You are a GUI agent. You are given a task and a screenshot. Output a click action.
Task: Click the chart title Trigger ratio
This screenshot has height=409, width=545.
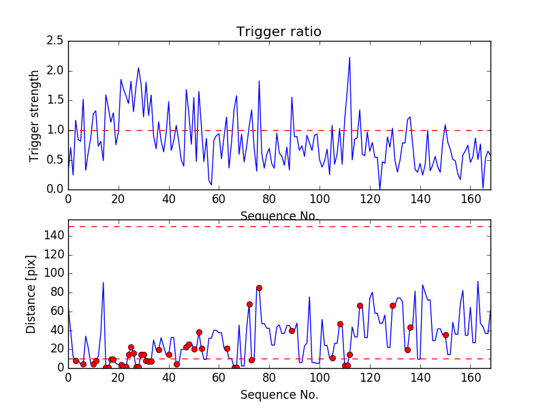click(x=279, y=32)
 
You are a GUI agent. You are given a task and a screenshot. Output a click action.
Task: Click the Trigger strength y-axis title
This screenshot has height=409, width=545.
click(x=35, y=115)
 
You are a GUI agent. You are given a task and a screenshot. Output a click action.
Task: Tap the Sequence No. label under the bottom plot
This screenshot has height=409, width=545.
click(x=279, y=395)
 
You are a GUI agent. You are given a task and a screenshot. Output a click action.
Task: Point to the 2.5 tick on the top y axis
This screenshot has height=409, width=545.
click(x=56, y=41)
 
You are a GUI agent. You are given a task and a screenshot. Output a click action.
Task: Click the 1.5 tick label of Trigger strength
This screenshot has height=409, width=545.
click(x=56, y=100)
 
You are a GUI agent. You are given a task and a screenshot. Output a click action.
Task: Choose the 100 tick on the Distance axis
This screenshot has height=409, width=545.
click(x=53, y=273)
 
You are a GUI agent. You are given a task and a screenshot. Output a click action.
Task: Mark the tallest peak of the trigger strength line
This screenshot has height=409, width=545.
click(x=349, y=57)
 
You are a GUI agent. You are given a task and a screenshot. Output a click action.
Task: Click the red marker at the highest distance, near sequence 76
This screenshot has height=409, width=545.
click(x=259, y=288)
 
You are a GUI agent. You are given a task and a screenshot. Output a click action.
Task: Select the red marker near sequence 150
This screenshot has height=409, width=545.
click(x=446, y=335)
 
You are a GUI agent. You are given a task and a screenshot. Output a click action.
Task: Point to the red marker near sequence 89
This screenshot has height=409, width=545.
click(x=292, y=331)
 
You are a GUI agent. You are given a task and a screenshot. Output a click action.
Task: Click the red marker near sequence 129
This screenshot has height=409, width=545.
click(x=392, y=305)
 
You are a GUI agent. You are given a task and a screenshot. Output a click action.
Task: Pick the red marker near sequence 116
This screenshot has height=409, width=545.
click(x=360, y=305)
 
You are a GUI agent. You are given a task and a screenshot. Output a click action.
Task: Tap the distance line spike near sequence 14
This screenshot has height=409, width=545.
click(x=103, y=282)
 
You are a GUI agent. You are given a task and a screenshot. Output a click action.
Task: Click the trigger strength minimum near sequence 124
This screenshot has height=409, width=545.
click(x=379, y=189)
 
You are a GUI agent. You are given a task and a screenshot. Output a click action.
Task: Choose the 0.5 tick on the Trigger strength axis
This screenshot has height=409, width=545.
click(x=56, y=160)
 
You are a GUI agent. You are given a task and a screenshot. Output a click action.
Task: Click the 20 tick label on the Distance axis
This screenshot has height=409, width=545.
click(x=56, y=348)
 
